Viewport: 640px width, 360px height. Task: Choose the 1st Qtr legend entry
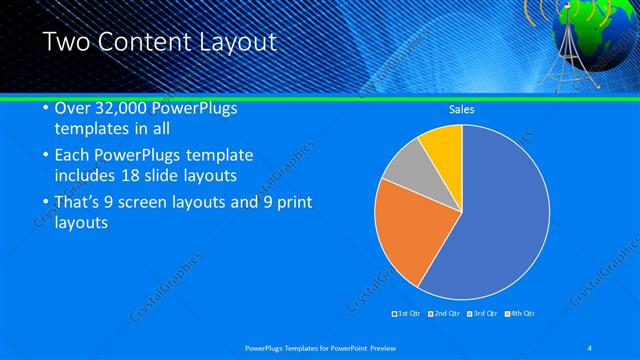tap(407, 314)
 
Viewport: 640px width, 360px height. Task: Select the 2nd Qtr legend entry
tap(445, 314)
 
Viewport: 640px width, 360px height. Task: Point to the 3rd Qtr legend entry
tap(483, 314)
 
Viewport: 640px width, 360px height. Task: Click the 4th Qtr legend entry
tap(521, 314)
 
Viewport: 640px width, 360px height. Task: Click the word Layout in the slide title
tap(237, 43)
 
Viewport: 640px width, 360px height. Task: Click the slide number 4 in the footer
tap(590, 347)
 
